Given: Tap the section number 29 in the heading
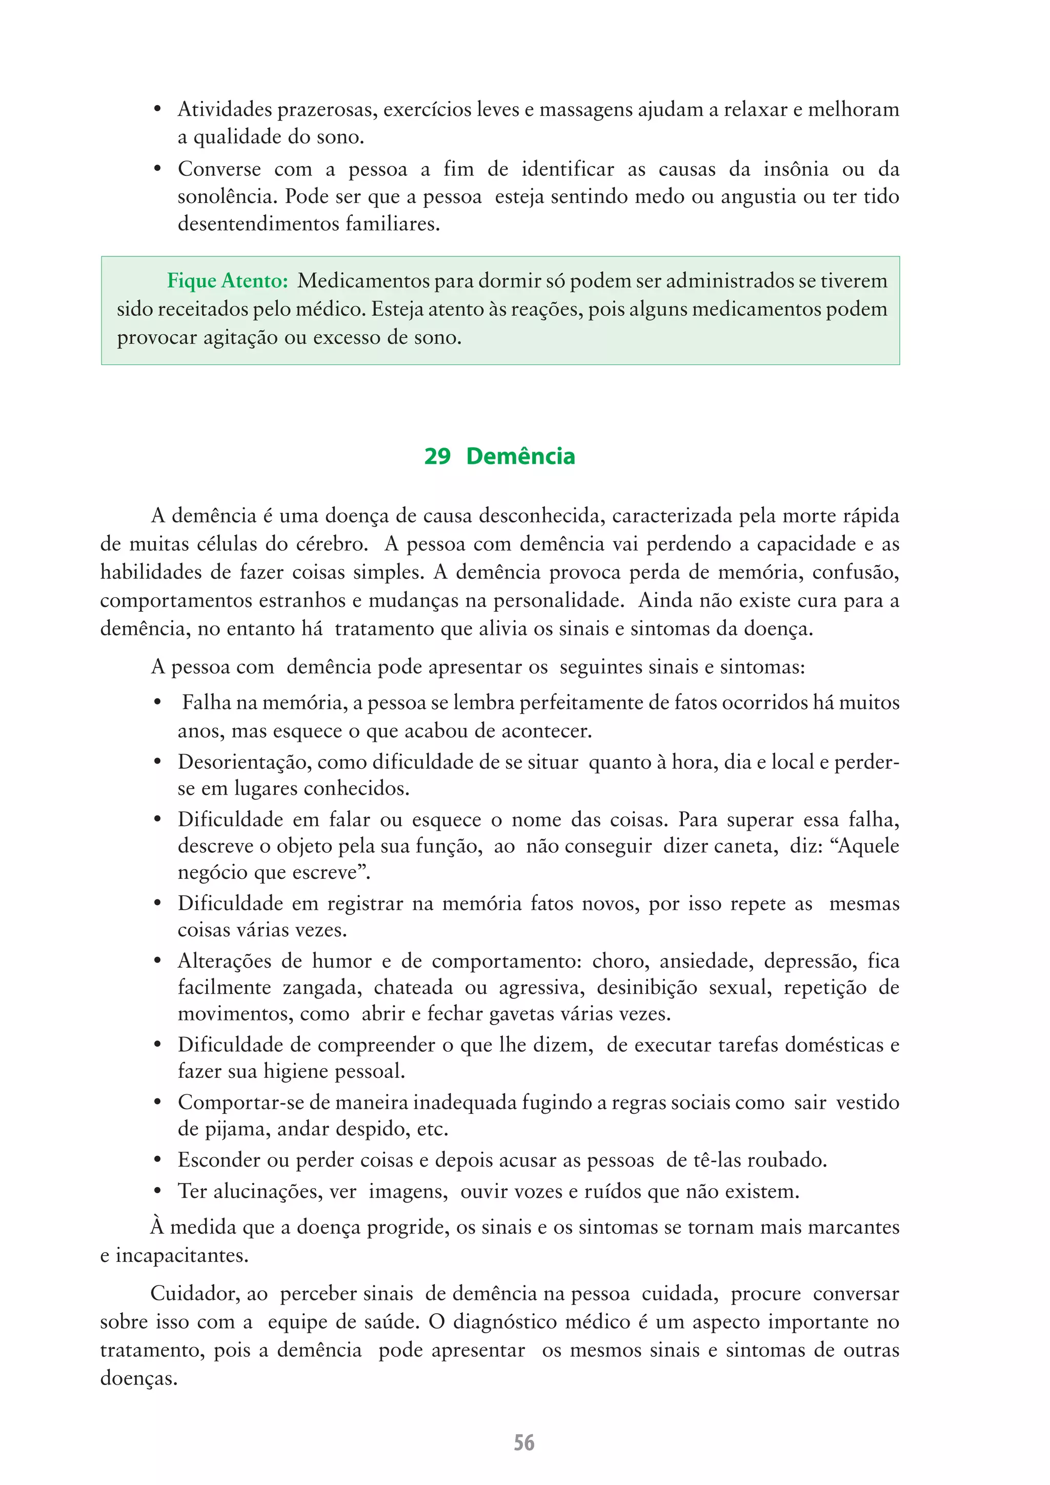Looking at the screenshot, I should click(437, 456).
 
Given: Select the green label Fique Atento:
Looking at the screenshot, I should click(228, 280).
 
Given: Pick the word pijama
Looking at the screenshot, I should click(237, 1129).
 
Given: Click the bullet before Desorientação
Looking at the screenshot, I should click(157, 762).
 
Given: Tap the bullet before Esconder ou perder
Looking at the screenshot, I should click(157, 1160).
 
